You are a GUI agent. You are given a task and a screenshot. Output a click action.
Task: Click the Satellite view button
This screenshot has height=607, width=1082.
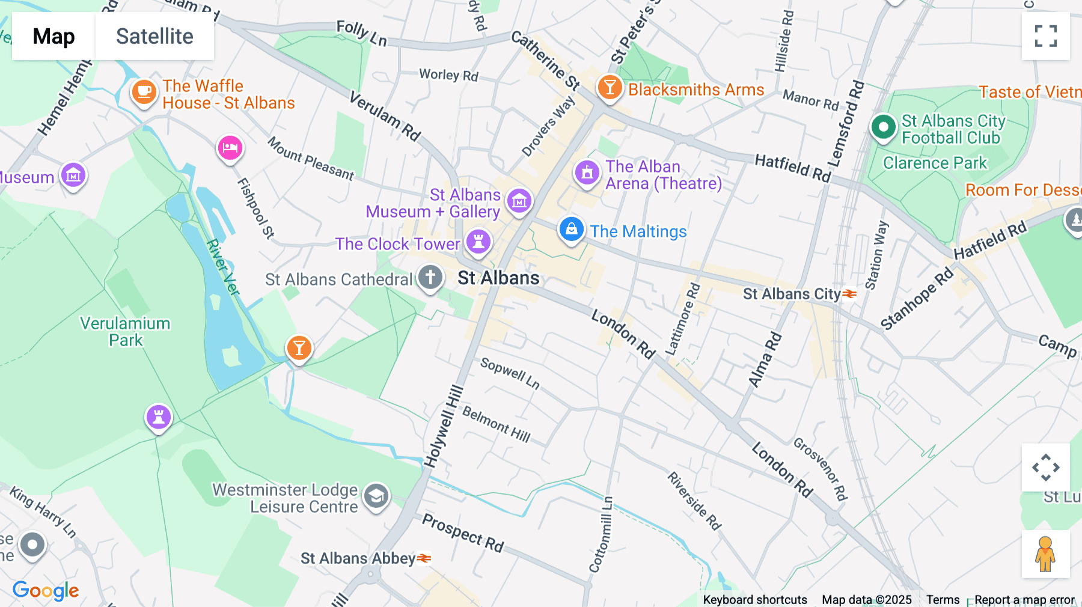[x=154, y=36]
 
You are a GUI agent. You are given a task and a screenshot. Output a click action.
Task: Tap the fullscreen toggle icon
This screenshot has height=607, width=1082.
[x=1045, y=36]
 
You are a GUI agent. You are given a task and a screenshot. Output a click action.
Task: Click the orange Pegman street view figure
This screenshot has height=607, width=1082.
[x=1045, y=554]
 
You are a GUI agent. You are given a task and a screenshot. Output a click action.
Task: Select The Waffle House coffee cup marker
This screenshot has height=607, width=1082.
[x=144, y=92]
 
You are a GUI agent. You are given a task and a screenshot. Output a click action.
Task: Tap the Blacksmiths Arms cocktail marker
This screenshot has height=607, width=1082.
[x=609, y=87]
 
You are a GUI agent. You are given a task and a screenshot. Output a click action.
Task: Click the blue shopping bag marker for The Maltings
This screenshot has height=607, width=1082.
[x=571, y=229]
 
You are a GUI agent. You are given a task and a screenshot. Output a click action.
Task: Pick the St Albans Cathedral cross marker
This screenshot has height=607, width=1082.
[x=430, y=278]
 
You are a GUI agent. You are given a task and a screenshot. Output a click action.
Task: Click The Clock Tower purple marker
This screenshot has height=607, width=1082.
[x=478, y=242]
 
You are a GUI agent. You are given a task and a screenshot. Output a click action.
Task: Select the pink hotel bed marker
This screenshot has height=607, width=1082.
[x=230, y=147]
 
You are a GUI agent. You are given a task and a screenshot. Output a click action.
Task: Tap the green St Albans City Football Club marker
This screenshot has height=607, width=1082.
[x=883, y=127]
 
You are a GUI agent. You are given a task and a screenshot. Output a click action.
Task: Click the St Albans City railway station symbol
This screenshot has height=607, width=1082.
[x=849, y=294]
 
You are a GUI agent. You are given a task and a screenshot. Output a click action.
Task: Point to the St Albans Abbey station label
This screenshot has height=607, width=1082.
[x=358, y=558]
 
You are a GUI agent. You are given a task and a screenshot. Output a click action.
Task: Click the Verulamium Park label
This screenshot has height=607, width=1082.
[x=125, y=332]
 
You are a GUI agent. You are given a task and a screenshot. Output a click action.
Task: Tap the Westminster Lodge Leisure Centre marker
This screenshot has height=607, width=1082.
[x=376, y=496]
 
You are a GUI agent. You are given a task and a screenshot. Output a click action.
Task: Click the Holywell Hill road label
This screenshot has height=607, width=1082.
[x=444, y=426]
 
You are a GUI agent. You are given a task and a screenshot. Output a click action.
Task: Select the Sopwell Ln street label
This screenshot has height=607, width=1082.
[x=510, y=373]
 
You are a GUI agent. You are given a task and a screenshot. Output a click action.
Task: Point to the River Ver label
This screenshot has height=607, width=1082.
[x=223, y=267]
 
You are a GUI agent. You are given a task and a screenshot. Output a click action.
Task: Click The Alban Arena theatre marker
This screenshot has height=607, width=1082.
[x=587, y=173]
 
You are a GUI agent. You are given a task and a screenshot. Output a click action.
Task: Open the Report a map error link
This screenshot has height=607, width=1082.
[x=1024, y=600]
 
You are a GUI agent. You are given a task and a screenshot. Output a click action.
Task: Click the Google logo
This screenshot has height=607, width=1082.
[x=46, y=591]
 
